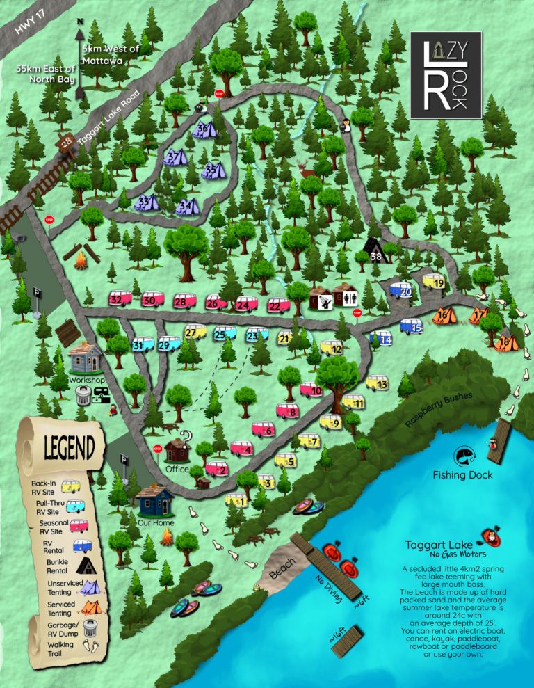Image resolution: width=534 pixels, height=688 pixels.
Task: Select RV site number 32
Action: [120, 299]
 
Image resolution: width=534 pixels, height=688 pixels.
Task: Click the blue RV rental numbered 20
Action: [404, 291]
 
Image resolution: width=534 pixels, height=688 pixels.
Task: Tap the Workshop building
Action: [86, 359]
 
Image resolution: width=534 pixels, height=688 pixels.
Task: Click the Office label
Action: [177, 470]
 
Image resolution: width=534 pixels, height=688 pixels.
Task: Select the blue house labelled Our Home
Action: [154, 499]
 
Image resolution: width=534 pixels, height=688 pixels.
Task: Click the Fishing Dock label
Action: [462, 475]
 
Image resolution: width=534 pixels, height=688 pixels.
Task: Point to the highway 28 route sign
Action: [65, 143]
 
